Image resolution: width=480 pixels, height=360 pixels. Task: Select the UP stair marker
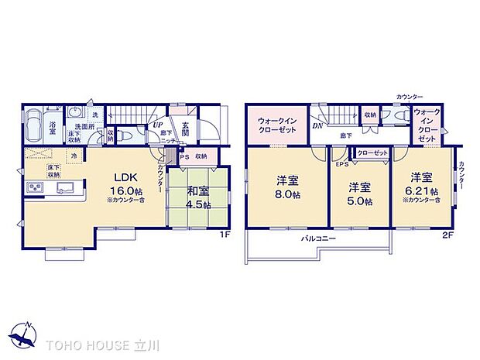[157, 125]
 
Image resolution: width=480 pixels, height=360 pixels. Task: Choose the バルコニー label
[318, 239]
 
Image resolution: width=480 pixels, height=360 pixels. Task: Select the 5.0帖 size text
[358, 202]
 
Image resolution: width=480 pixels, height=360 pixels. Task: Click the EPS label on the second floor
[341, 164]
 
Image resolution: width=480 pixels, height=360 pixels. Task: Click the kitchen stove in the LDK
[36, 187]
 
